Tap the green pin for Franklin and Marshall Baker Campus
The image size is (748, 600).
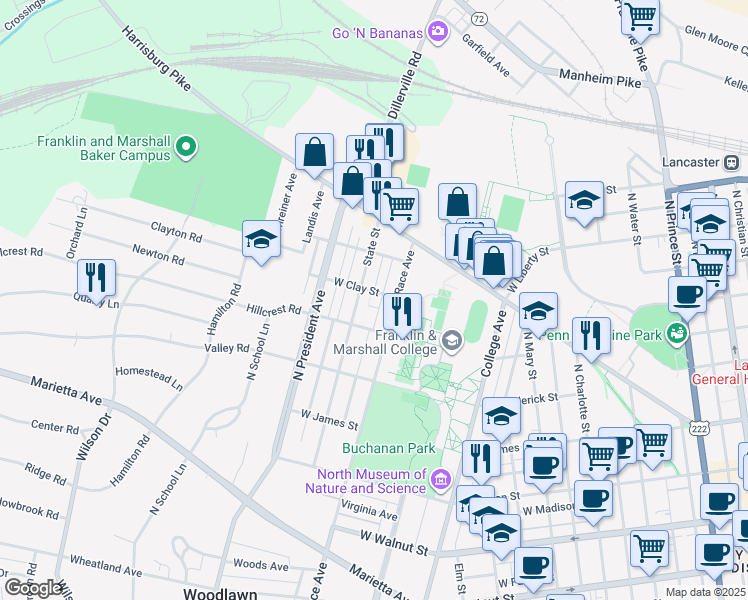185,149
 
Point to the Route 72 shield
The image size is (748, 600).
479,19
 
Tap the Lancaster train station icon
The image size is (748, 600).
735,162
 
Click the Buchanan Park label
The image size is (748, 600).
389,449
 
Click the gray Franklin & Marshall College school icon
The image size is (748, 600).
452,342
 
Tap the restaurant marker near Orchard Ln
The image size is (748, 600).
97,276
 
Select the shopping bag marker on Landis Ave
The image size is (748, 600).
314,153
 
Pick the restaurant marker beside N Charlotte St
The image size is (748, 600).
591,335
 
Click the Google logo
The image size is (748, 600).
34,588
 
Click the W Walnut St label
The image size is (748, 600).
394,550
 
